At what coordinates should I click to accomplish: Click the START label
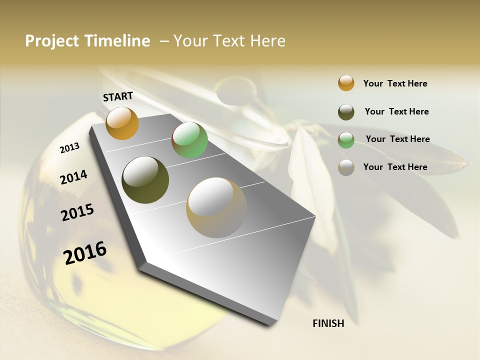pos(118,96)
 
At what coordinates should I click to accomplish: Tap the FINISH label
pos(328,323)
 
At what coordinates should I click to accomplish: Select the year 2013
pos(69,148)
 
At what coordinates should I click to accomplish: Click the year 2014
pos(73,177)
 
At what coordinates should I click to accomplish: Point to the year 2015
pos(77,212)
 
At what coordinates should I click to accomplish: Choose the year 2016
pos(85,252)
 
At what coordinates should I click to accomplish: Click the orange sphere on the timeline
pos(122,123)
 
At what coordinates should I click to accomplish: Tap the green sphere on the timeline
pos(189,140)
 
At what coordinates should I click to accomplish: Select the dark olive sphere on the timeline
pos(145,180)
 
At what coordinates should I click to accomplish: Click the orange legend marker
pos(346,83)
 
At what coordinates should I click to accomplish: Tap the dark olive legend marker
pos(346,112)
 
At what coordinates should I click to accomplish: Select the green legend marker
pos(346,140)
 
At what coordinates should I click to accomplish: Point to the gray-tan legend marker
pos(346,167)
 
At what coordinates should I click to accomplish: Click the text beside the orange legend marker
pos(395,83)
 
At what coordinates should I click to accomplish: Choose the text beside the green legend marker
pos(397,139)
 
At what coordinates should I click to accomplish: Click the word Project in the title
pos(52,41)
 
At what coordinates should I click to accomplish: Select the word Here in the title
pos(267,41)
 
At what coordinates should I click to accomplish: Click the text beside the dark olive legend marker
pos(396,111)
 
